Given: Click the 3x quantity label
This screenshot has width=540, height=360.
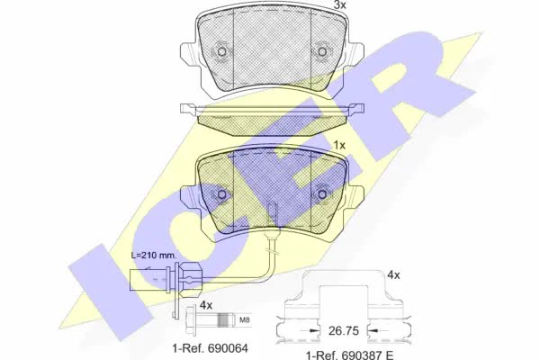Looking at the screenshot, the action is [339, 4].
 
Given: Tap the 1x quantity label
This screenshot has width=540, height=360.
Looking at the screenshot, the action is [339, 146].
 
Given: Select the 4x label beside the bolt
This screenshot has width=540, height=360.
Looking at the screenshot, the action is [206, 305].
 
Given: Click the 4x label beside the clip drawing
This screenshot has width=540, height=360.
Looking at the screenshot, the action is [393, 274].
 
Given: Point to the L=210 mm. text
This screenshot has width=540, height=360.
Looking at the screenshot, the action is [154, 256].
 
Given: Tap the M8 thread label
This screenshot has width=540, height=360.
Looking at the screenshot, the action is [244, 320].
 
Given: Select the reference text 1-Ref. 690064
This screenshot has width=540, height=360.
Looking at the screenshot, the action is [210, 348].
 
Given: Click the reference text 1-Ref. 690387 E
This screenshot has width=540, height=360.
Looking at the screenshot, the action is [350, 355].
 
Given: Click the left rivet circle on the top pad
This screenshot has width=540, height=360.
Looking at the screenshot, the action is [221, 51].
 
